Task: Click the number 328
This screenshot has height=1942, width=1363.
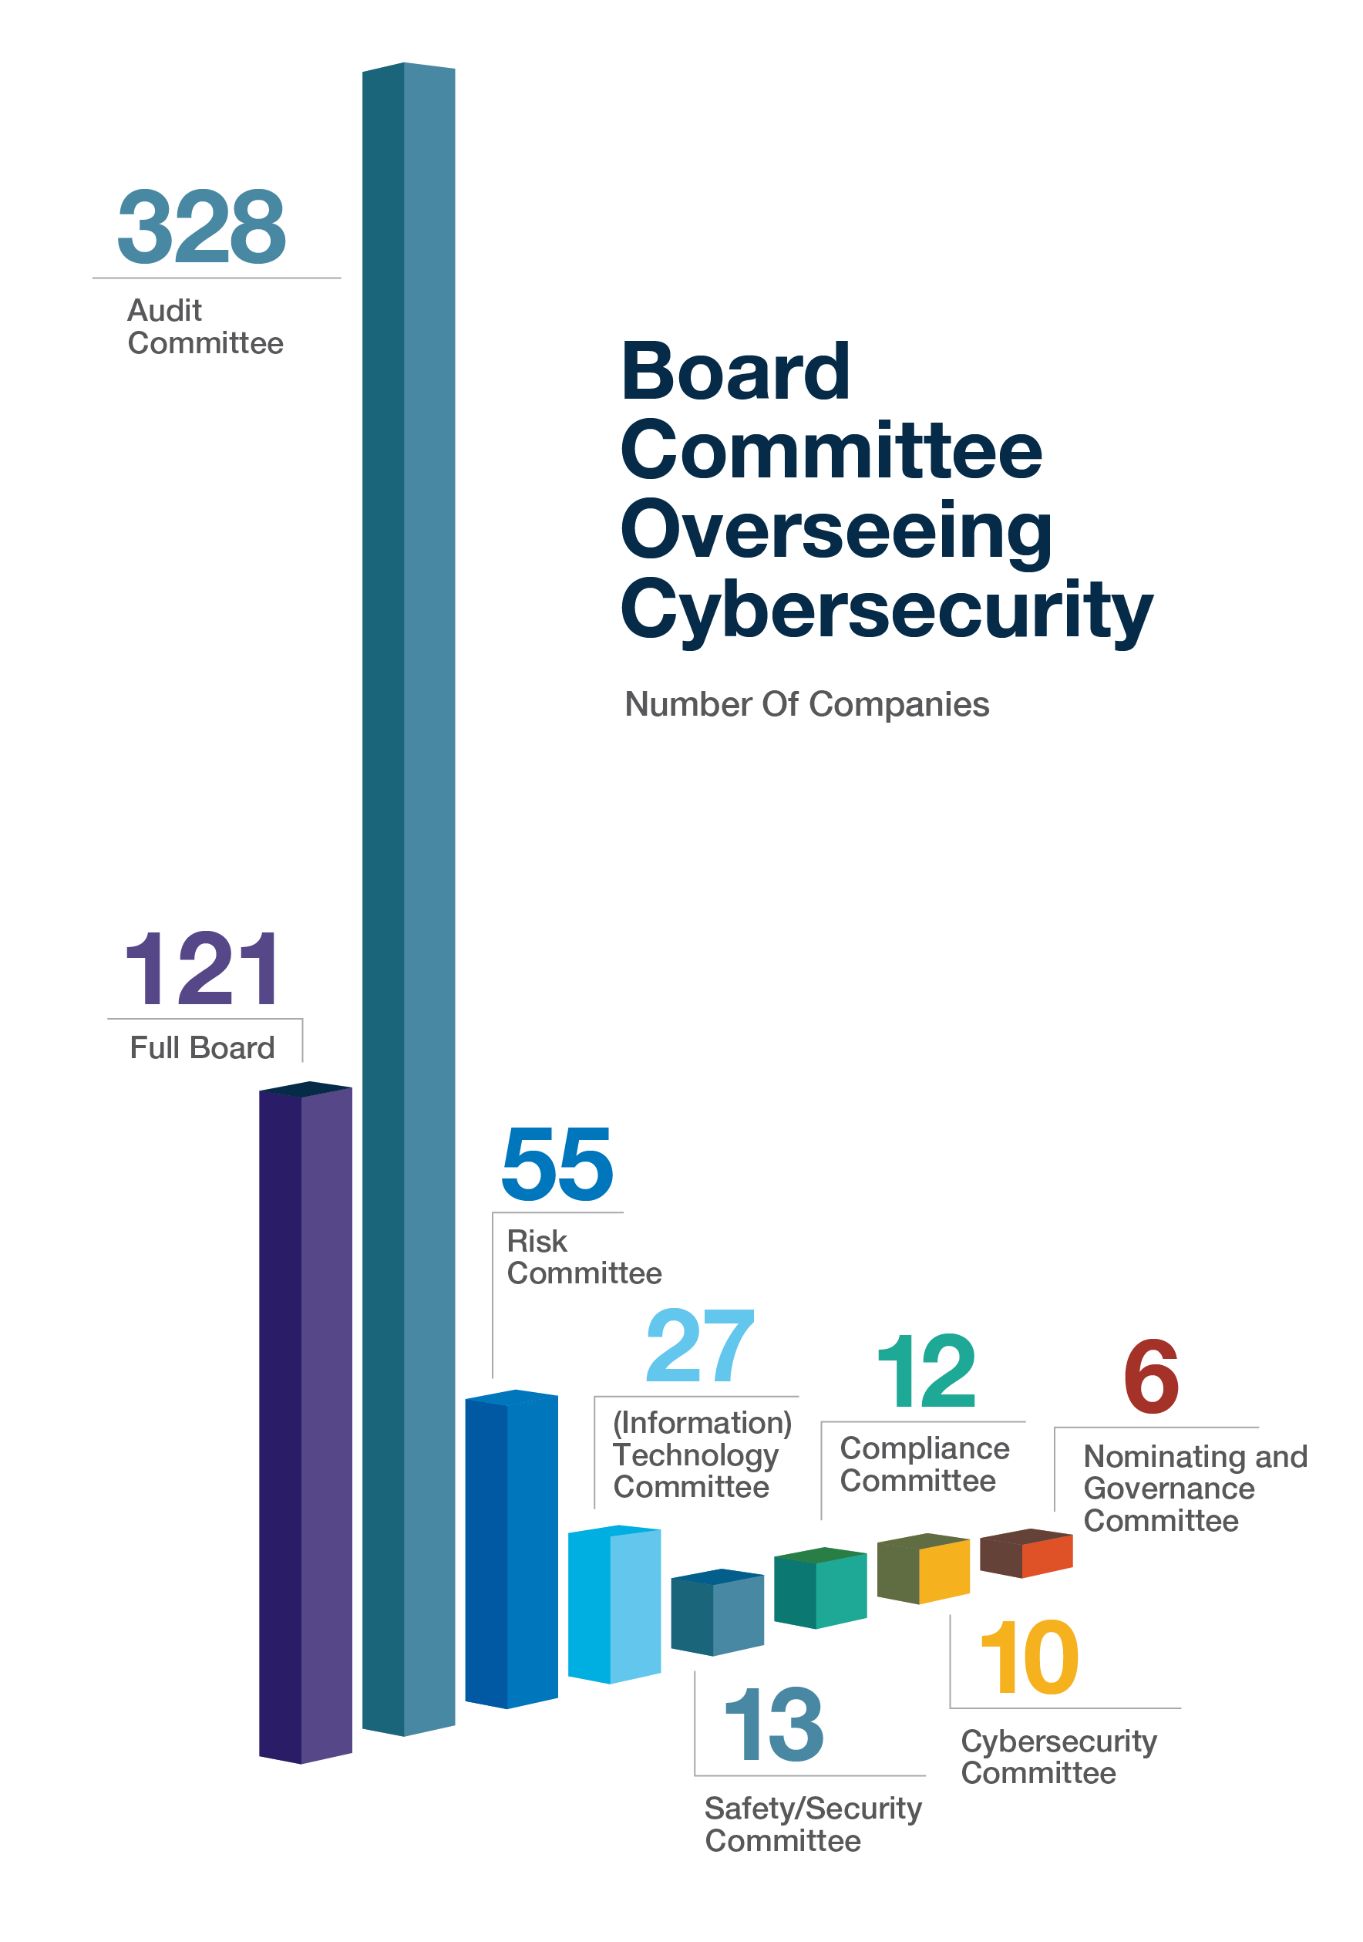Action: click(201, 226)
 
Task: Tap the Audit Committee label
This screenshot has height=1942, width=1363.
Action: click(204, 326)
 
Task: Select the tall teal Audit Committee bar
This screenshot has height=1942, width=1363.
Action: click(409, 846)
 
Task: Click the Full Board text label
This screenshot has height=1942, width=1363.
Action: click(202, 1047)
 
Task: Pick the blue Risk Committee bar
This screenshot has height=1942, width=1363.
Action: click(510, 1548)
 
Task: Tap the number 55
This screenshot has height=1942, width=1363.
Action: click(557, 1165)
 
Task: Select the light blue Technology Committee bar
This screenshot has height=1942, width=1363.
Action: click(614, 1604)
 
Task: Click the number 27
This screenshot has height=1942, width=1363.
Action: click(698, 1346)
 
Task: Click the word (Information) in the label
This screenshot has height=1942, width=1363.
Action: click(702, 1423)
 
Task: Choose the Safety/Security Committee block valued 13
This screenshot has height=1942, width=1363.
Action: click(717, 1613)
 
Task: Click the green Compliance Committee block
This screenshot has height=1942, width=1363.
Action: click(820, 1590)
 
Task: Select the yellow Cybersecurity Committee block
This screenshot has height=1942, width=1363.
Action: click(924, 1569)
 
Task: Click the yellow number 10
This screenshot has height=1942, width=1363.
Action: click(1029, 1658)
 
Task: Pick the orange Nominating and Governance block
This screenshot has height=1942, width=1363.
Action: click(1025, 1554)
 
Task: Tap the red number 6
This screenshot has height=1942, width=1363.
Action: click(1151, 1376)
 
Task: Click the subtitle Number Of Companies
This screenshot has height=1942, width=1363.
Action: click(806, 705)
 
